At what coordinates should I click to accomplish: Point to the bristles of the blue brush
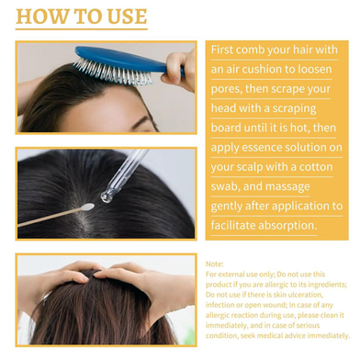pos(113,72)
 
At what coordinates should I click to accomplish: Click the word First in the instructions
pos(222,50)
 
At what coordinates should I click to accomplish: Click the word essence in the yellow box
pos(261,147)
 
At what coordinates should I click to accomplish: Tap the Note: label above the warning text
pos(215,264)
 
